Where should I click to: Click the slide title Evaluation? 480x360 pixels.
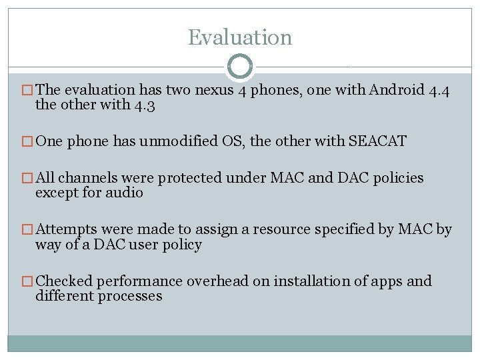coord(240,37)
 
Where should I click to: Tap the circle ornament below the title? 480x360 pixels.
coord(240,67)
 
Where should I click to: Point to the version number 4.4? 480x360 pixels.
coord(438,90)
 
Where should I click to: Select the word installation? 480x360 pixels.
coord(312,281)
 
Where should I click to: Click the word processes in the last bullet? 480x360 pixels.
coord(129,296)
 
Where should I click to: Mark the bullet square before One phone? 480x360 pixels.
coord(28,142)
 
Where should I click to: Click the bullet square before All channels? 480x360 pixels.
coord(28,179)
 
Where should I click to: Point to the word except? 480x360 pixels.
coord(57,193)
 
